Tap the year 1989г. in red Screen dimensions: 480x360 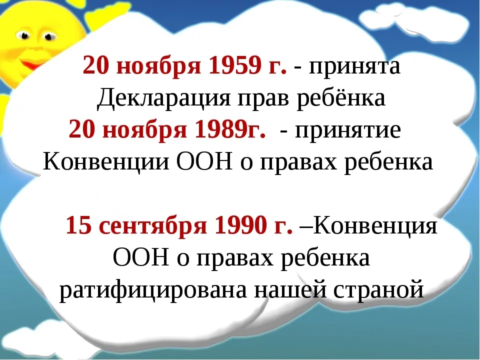tap(230, 129)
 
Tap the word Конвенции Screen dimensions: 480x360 tap(106, 161)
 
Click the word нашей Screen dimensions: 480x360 tap(289, 289)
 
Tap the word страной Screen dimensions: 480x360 tap(378, 290)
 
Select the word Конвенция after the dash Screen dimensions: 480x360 tap(375, 226)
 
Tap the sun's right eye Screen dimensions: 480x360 tap(48, 36)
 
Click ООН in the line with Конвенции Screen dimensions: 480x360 tap(205, 161)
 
